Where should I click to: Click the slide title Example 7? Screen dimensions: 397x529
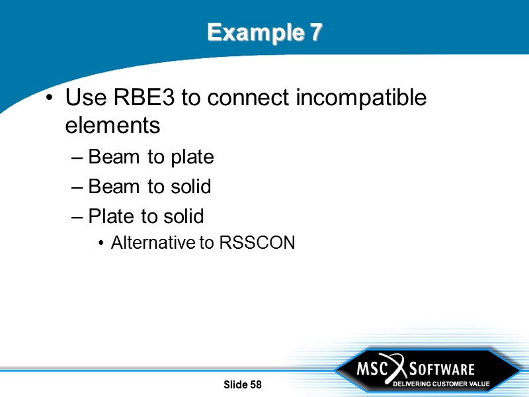[x=264, y=32]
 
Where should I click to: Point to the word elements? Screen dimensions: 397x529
[x=112, y=125]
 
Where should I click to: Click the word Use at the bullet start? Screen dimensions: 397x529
[x=86, y=98]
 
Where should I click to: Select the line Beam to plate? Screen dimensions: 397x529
[x=151, y=157]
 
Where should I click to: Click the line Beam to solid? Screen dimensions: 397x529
[x=149, y=187]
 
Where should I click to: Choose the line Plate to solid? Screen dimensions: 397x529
[x=145, y=216]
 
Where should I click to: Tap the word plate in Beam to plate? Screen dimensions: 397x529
[x=191, y=157]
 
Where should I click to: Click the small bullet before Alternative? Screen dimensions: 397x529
[x=101, y=243]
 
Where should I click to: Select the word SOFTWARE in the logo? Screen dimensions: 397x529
[x=442, y=369]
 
